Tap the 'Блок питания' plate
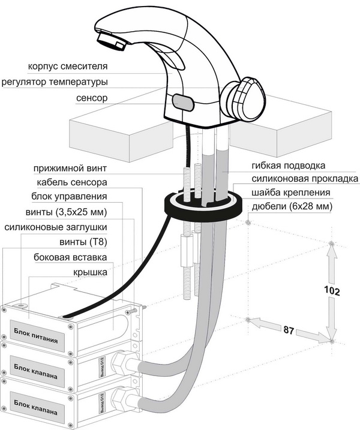[x=37, y=343]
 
